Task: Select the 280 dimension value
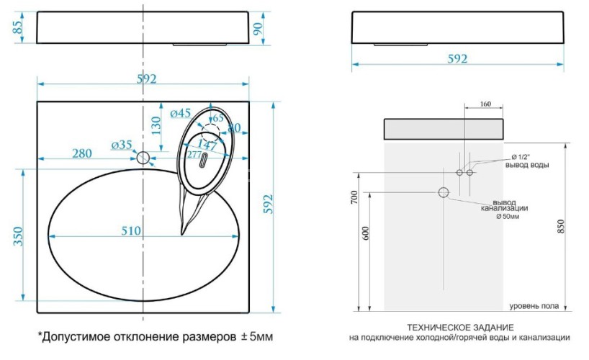(81, 153)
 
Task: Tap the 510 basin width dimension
(130, 231)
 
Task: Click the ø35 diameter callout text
(122, 145)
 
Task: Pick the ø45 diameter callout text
(180, 113)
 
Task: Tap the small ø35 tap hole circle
(143, 158)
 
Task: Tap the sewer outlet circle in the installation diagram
(443, 192)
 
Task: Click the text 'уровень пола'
(534, 306)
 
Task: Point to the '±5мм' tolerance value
(256, 336)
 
